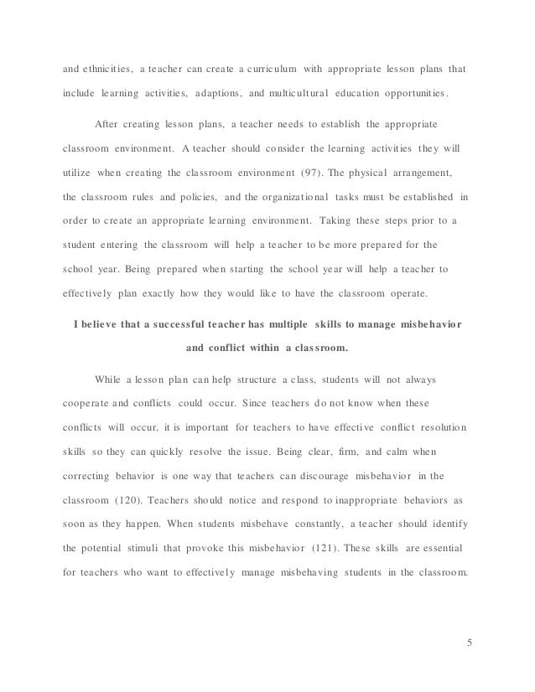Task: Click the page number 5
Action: point(470,644)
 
